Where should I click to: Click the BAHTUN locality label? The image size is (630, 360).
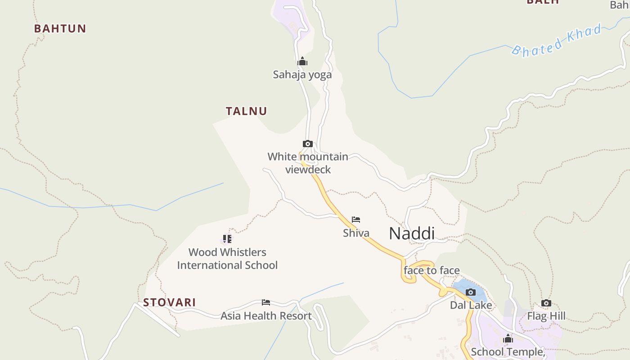pos(60,28)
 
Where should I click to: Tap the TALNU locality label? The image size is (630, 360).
pos(246,111)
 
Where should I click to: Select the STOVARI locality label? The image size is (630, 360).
pos(169,302)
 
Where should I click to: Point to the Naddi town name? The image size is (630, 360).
pos(412,234)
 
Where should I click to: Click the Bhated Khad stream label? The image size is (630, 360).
pos(557,40)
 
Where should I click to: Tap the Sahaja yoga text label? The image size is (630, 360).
pos(302,74)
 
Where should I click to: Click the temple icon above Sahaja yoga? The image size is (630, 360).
pos(302,61)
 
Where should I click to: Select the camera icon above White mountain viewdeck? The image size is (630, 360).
pos(308,144)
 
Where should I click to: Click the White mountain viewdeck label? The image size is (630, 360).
pos(308,163)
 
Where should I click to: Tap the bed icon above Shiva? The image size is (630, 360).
pos(356,220)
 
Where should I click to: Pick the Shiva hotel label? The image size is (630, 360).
pos(356,233)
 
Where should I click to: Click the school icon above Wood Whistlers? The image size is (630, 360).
pos(227,239)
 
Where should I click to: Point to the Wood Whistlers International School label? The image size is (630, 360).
pos(227,259)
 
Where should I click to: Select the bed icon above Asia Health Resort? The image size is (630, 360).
pos(266,302)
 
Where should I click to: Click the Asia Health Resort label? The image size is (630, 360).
pos(266,316)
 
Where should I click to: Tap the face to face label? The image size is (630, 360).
pos(432,270)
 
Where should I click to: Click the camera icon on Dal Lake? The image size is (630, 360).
pos(471,292)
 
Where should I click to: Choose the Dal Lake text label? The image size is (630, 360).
pos(471,306)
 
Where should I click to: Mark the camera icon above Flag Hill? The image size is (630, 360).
pos(546,303)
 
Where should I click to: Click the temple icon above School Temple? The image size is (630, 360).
pos(508,338)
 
